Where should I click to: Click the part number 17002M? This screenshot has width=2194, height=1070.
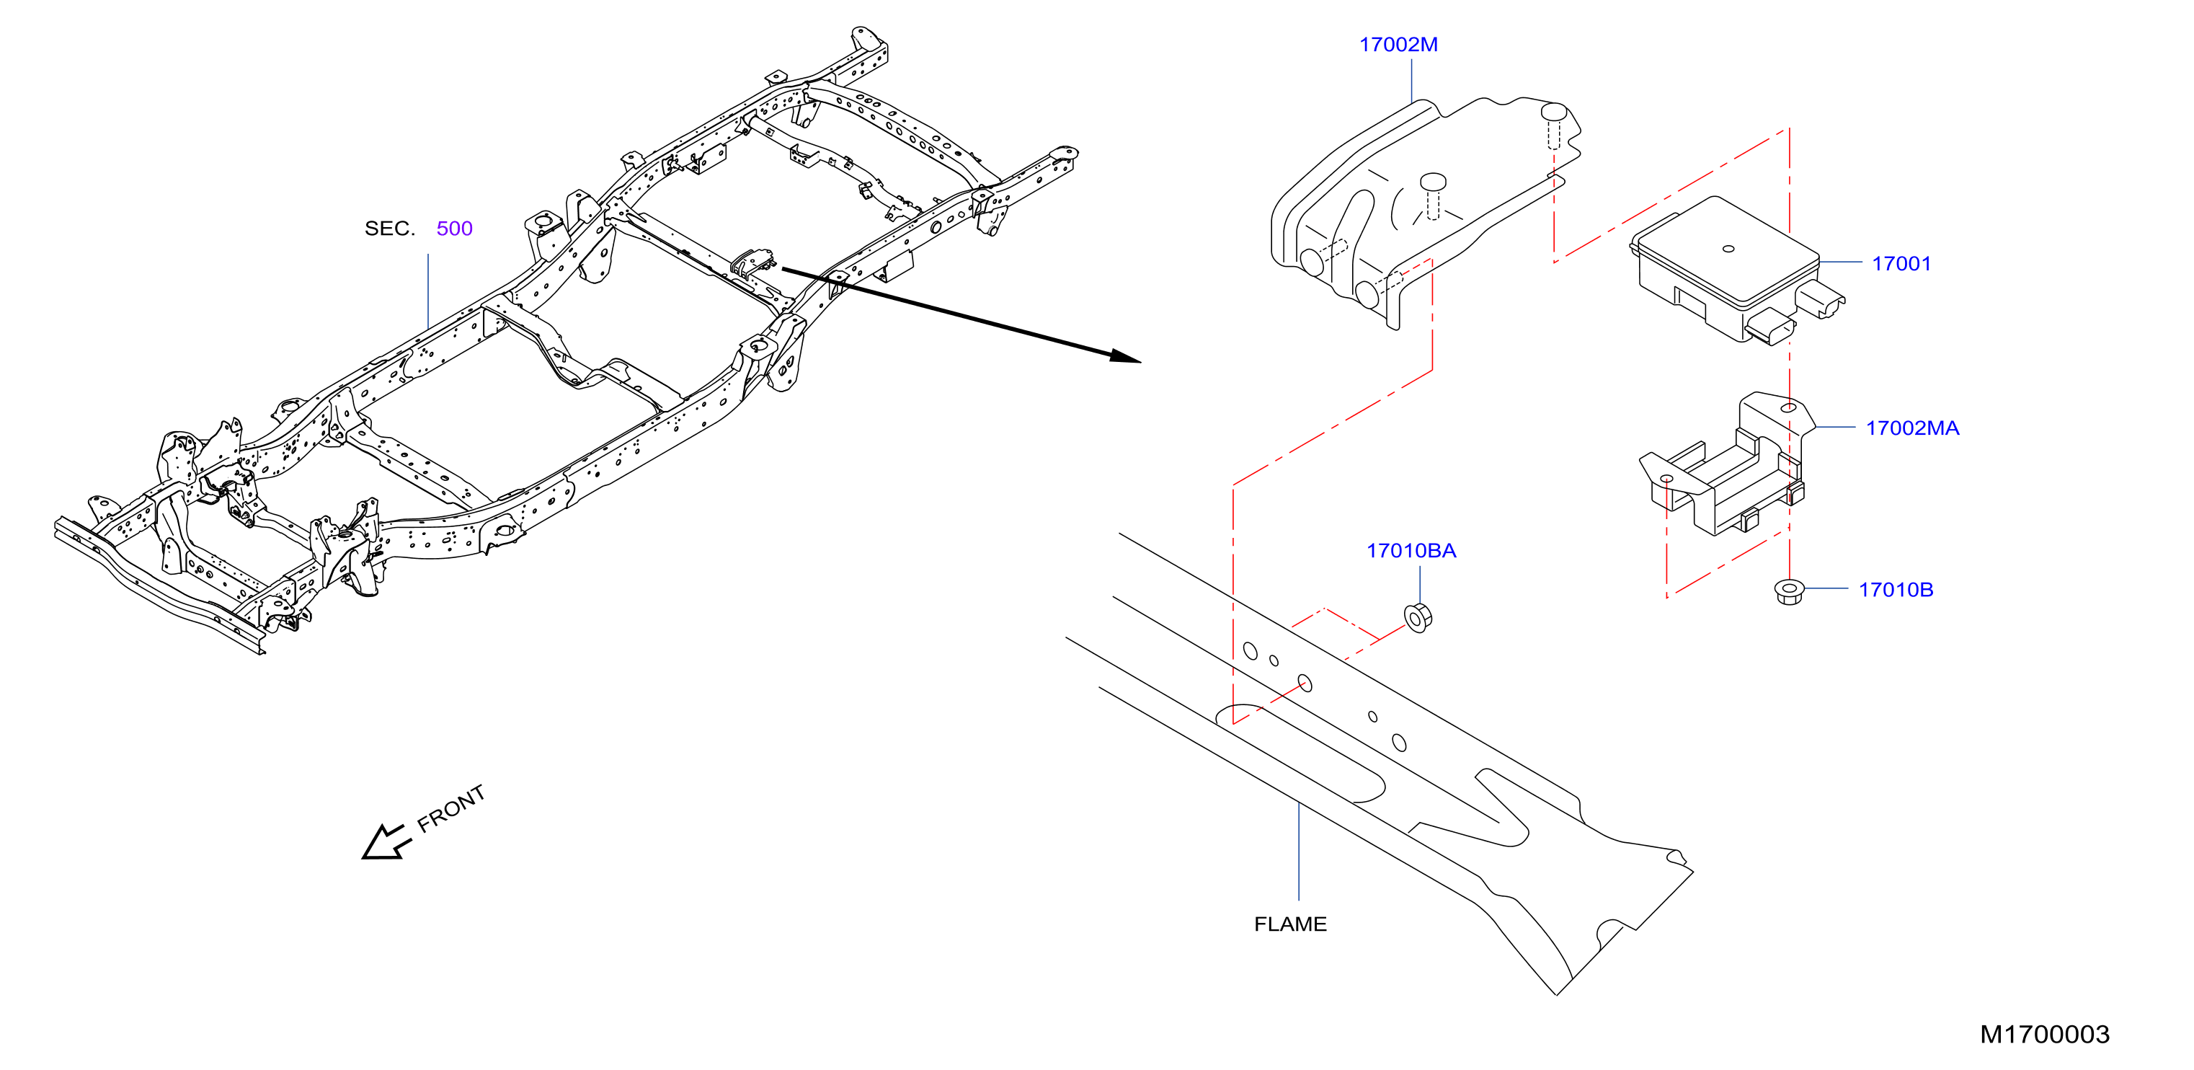click(1398, 44)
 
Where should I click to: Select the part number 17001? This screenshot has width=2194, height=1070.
click(1901, 263)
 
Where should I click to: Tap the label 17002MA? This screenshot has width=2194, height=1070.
click(1912, 428)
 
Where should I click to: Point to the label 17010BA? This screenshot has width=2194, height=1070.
click(1411, 550)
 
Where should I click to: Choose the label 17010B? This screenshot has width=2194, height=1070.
click(1895, 590)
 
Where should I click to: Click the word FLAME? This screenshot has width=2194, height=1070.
click(1290, 924)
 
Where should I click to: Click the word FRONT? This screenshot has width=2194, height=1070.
click(451, 808)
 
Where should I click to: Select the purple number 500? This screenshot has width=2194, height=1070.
click(454, 229)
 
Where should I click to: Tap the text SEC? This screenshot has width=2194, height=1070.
click(389, 229)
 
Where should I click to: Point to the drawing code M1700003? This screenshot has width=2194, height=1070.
click(2044, 1034)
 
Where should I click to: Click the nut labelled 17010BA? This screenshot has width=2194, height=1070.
click(1417, 616)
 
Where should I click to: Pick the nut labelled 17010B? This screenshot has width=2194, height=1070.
click(1789, 591)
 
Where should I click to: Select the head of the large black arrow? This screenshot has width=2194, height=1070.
click(1126, 356)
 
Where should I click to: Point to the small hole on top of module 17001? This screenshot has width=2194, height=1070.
click(1728, 249)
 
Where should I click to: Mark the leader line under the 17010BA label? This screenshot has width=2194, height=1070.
click(1420, 585)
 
